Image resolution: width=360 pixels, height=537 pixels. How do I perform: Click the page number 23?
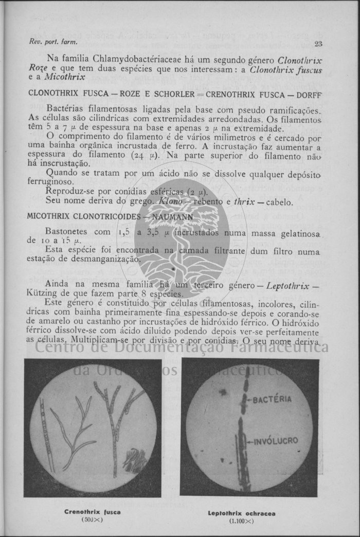tap(318, 44)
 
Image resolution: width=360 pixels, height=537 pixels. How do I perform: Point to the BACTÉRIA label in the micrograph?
tap(272, 399)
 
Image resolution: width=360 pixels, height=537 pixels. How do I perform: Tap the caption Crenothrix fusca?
tap(93, 512)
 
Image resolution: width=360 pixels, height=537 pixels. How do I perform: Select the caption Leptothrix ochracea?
tap(248, 513)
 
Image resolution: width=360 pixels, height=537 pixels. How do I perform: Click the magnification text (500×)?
tap(93, 520)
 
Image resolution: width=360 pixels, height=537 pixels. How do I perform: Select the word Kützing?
tap(41, 293)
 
